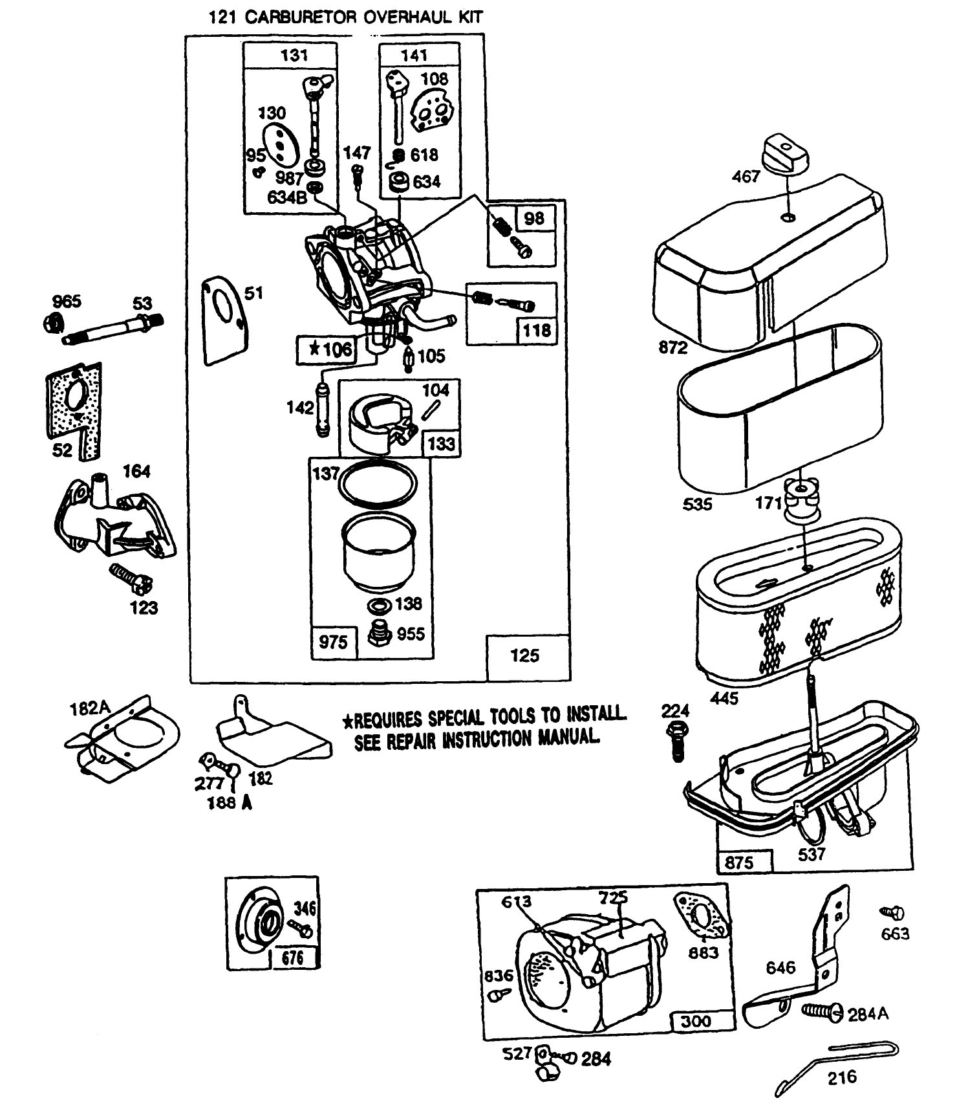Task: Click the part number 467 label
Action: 746,176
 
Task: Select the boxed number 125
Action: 524,655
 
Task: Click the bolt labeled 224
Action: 677,741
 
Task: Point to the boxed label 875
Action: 740,862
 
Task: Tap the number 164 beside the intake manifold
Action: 136,472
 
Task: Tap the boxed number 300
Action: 695,1021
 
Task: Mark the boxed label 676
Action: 292,957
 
